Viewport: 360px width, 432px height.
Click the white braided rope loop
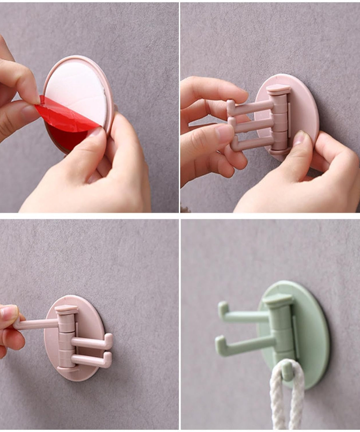pyautogui.click(x=284, y=397)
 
